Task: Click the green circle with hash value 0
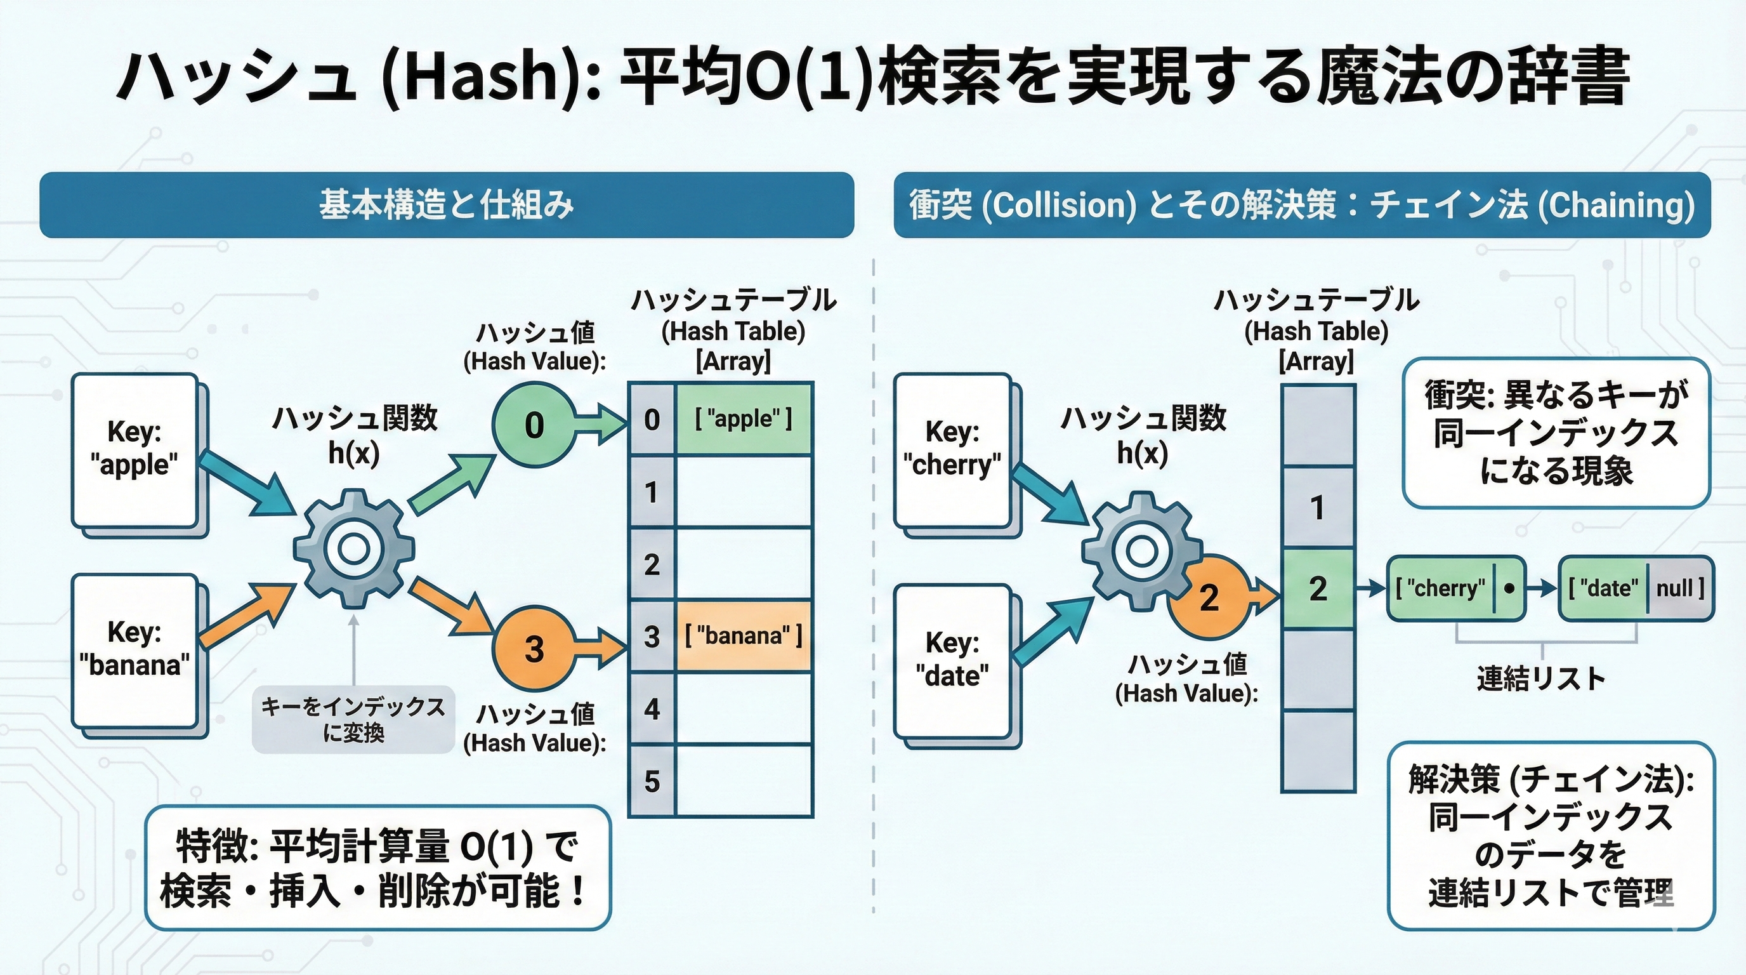(x=534, y=425)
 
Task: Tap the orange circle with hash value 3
(x=534, y=648)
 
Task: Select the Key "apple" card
(x=135, y=449)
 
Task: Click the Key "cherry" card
(x=952, y=449)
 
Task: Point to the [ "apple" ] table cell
(x=744, y=419)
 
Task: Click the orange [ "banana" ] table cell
(x=744, y=636)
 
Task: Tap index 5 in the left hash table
(x=652, y=781)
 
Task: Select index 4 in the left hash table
(x=652, y=709)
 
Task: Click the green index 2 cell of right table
(x=1318, y=588)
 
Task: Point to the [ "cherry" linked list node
(x=1440, y=588)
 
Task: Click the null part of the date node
(x=1678, y=588)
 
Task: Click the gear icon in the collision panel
(x=1141, y=551)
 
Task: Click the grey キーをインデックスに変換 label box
(x=353, y=719)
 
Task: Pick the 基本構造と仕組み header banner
(x=447, y=205)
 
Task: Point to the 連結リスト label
(x=1540, y=679)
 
